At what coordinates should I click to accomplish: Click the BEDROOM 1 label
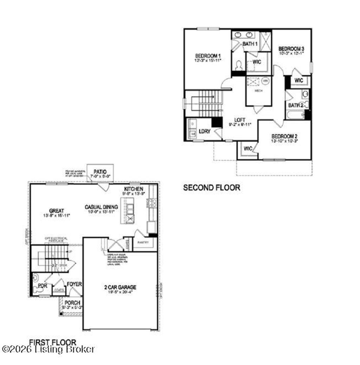click(208, 56)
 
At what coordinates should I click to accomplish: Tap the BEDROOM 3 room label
click(291, 49)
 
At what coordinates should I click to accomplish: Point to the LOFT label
click(240, 120)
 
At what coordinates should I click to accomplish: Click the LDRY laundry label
click(204, 132)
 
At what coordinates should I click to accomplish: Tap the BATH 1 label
click(250, 44)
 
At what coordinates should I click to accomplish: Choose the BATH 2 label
click(296, 105)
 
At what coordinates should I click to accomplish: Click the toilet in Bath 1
click(239, 66)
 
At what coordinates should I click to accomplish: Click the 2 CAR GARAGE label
click(120, 287)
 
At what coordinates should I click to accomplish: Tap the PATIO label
click(100, 171)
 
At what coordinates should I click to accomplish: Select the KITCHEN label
click(134, 189)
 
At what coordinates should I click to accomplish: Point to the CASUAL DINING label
click(101, 207)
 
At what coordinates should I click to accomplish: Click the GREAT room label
click(57, 211)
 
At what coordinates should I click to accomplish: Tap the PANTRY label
click(143, 243)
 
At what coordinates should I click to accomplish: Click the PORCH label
click(72, 302)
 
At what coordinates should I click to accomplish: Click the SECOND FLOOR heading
click(212, 187)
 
